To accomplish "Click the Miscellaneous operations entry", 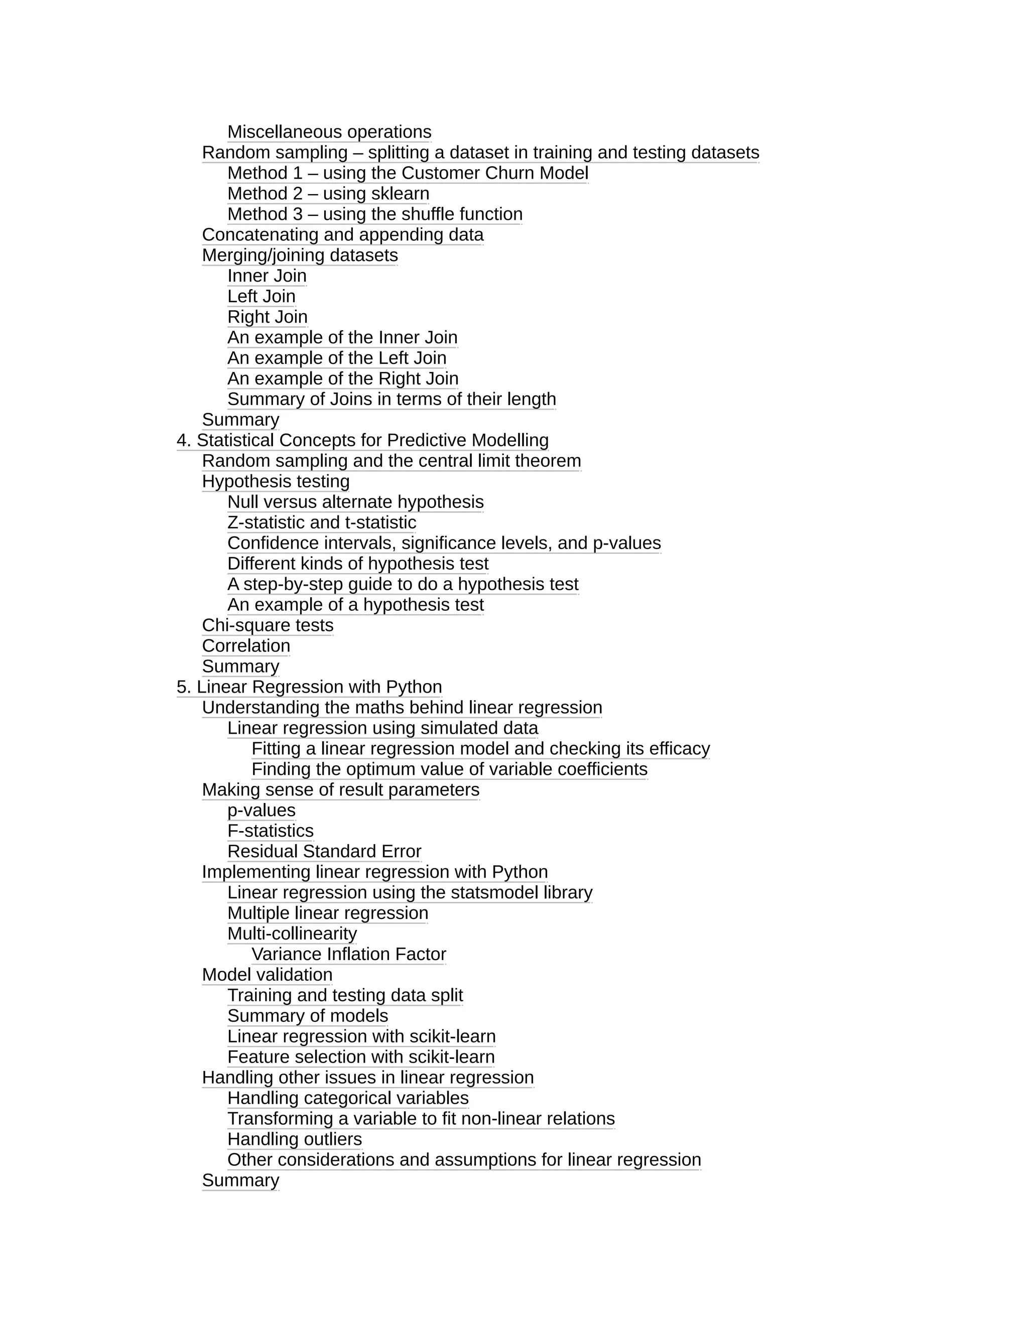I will (x=329, y=132).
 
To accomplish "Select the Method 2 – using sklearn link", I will (x=328, y=194).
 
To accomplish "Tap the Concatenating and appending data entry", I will (x=342, y=234).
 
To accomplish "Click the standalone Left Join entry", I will (x=261, y=297).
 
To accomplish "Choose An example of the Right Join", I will (x=342, y=379).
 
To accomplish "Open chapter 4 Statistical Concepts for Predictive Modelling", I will (x=362, y=440).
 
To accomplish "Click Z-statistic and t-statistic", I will (x=322, y=522).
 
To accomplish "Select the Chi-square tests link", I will (x=268, y=625).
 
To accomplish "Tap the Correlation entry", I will (x=246, y=646).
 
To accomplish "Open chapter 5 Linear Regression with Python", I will (x=309, y=687).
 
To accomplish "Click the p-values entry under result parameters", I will (x=261, y=811).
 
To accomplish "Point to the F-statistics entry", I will (x=271, y=831).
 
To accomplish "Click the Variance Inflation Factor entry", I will (x=348, y=954).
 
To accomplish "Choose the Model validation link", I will (x=267, y=975).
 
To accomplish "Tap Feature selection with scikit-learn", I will (x=360, y=1057).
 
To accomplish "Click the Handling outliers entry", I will (x=294, y=1139).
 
